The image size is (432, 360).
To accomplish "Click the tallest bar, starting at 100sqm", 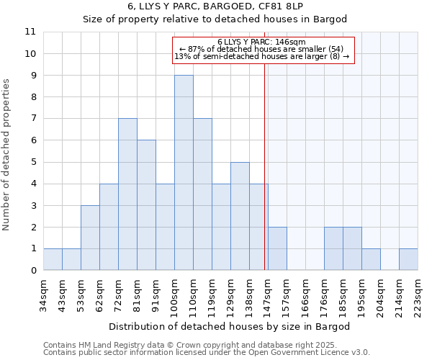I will (x=184, y=173).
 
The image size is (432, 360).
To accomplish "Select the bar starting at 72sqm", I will (x=127, y=194).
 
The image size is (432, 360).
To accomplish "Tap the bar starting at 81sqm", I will (x=146, y=205).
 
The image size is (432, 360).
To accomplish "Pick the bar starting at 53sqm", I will (x=90, y=238).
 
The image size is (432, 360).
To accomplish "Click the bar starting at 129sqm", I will (x=240, y=216).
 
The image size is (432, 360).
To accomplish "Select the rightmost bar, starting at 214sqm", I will (x=408, y=259).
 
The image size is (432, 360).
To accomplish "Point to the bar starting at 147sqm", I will (x=277, y=248).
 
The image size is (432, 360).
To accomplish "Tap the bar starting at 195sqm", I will (x=371, y=259).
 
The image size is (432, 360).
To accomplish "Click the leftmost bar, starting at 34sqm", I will (x=53, y=259).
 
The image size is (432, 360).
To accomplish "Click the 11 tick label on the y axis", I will (x=30, y=32).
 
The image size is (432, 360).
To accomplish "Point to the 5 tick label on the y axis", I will (x=32, y=162).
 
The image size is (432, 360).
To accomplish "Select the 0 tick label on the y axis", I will (x=32, y=271).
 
